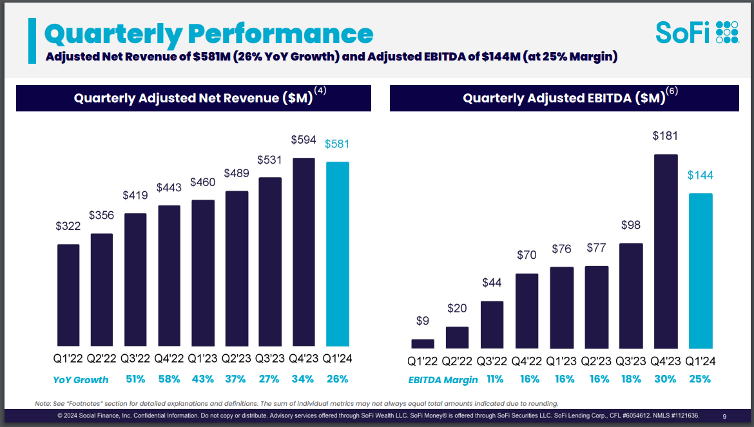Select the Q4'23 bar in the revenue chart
click(304, 252)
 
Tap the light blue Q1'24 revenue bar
click(337, 254)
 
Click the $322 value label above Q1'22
click(68, 226)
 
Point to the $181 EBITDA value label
click(665, 136)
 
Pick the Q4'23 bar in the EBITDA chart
click(666, 251)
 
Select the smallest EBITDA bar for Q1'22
click(423, 343)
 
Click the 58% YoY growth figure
click(169, 379)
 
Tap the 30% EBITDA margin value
click(666, 379)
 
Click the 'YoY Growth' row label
click(81, 379)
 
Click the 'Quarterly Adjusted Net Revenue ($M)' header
click(193, 99)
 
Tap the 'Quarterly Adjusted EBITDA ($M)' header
click(564, 99)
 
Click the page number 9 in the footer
click(725, 416)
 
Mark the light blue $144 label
click(700, 175)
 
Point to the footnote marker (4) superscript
click(320, 91)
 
